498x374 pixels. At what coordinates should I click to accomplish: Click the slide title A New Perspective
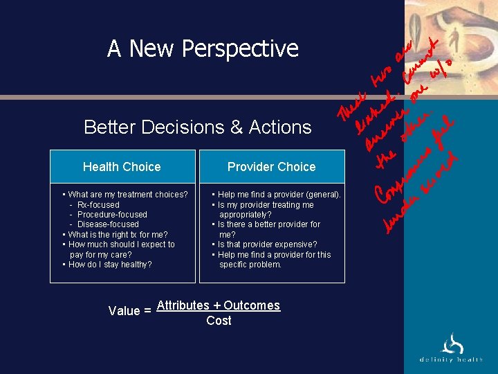[203, 48]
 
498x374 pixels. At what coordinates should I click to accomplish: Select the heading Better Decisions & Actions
[197, 127]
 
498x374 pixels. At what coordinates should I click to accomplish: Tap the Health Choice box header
[122, 167]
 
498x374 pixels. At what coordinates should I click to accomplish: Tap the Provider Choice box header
[271, 167]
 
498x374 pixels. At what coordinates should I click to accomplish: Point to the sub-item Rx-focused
[98, 205]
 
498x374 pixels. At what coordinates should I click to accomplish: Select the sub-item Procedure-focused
[112, 215]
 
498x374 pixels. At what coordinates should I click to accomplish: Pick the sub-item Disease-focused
[108, 224]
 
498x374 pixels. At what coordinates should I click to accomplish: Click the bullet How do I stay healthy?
[109, 265]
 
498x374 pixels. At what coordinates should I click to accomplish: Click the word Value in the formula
[124, 311]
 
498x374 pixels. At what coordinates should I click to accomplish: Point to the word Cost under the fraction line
[219, 321]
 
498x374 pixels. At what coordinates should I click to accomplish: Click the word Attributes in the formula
[183, 305]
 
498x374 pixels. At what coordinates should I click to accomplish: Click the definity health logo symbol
[453, 343]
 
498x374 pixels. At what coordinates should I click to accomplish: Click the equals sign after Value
[147, 311]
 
